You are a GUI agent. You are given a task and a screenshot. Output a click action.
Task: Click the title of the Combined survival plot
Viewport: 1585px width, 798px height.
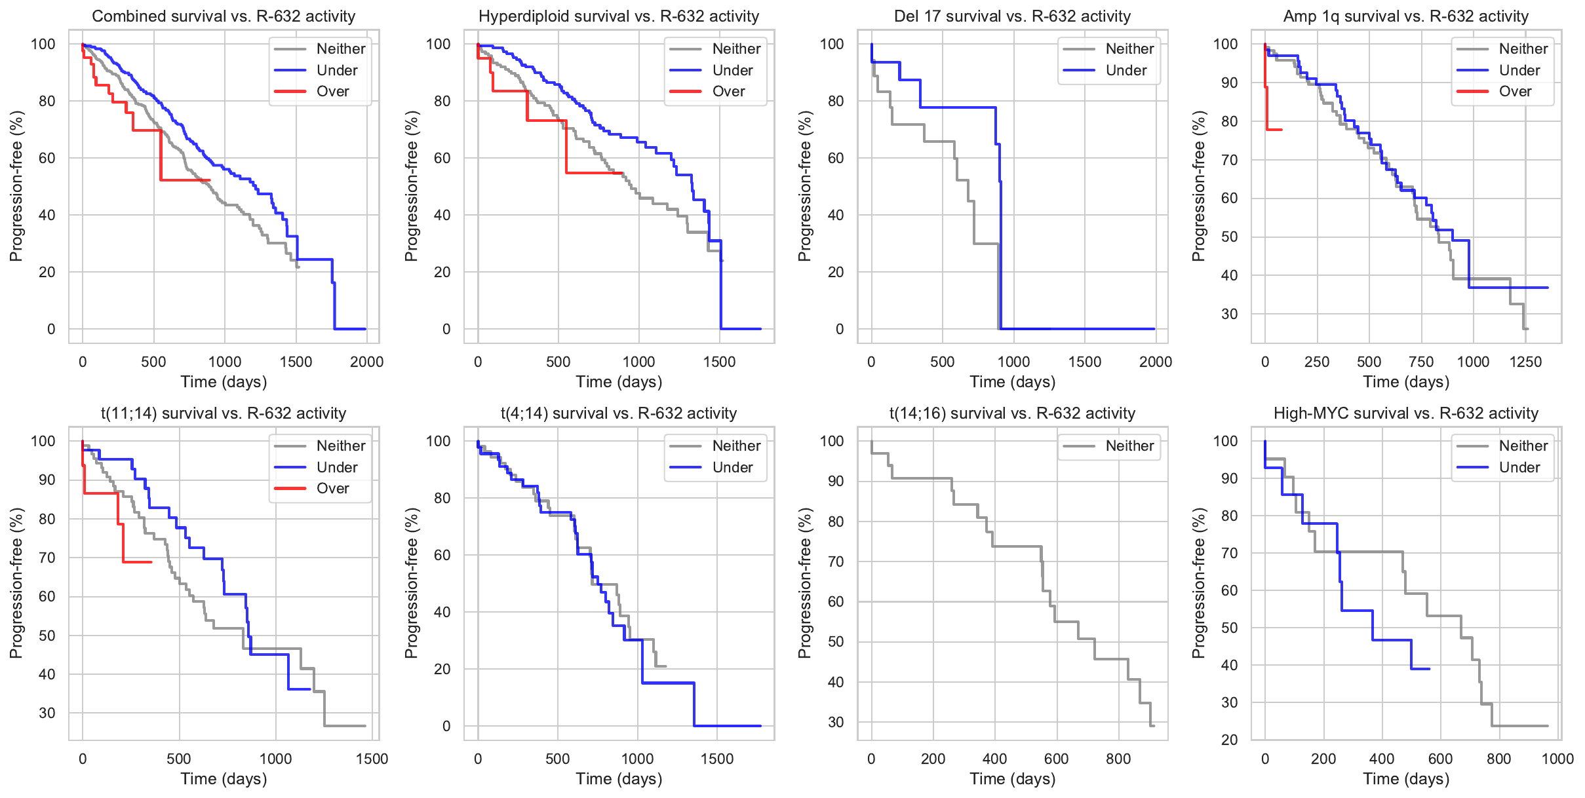[x=224, y=16]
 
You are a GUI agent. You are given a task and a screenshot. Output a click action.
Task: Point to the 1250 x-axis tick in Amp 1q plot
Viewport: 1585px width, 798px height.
[x=1525, y=362]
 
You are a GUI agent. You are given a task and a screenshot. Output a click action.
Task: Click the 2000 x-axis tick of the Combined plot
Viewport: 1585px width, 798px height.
[x=366, y=362]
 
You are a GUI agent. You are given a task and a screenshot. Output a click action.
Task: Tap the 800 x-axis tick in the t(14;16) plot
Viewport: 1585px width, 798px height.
[x=1118, y=759]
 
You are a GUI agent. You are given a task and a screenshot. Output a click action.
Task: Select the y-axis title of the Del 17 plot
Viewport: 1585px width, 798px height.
[x=804, y=186]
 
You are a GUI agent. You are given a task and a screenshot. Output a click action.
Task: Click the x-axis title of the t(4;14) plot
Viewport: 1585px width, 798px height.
[x=619, y=779]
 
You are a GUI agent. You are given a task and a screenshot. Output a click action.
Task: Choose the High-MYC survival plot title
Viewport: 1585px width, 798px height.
[x=1405, y=413]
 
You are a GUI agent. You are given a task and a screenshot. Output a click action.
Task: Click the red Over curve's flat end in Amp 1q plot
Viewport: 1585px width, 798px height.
[x=1281, y=130]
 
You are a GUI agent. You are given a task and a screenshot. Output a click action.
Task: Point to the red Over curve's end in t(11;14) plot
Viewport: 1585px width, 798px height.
[x=151, y=562]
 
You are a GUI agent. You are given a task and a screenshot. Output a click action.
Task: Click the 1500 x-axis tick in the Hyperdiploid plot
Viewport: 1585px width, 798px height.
[x=720, y=362]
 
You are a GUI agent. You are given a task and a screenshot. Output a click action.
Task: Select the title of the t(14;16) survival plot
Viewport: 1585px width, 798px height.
[x=1012, y=413]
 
